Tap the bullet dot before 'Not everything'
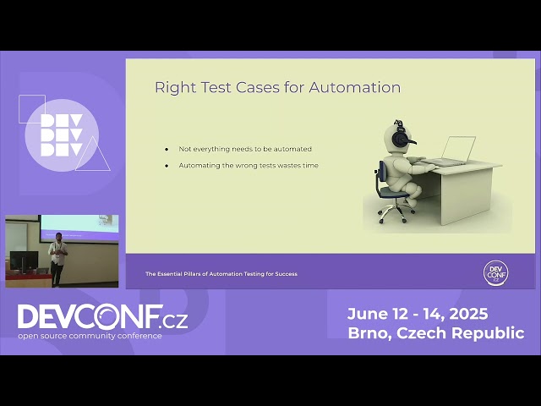pyautogui.click(x=167, y=149)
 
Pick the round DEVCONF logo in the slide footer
pyautogui.click(x=496, y=272)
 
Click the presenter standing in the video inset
pyautogui.click(x=57, y=257)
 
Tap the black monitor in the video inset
pyautogui.click(x=24, y=261)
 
